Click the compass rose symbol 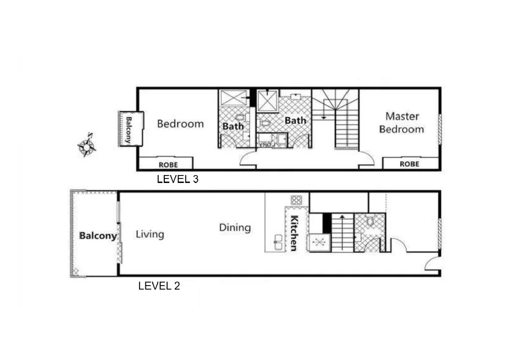pyautogui.click(x=87, y=146)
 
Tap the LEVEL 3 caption pyautogui.click(x=178, y=180)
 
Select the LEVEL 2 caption pyautogui.click(x=159, y=286)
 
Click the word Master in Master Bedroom pyautogui.click(x=402, y=116)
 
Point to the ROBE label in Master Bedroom pyautogui.click(x=409, y=164)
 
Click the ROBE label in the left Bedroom pyautogui.click(x=168, y=165)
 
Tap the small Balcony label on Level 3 pyautogui.click(x=129, y=130)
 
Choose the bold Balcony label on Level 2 pyautogui.click(x=98, y=236)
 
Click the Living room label pyautogui.click(x=150, y=235)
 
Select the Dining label pyautogui.click(x=235, y=228)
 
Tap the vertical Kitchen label pyautogui.click(x=294, y=233)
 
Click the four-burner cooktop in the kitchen pyautogui.click(x=296, y=200)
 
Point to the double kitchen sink pyautogui.click(x=278, y=242)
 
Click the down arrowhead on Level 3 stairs pyautogui.click(x=324, y=117)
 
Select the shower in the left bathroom pyautogui.click(x=234, y=98)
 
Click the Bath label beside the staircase pyautogui.click(x=295, y=120)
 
